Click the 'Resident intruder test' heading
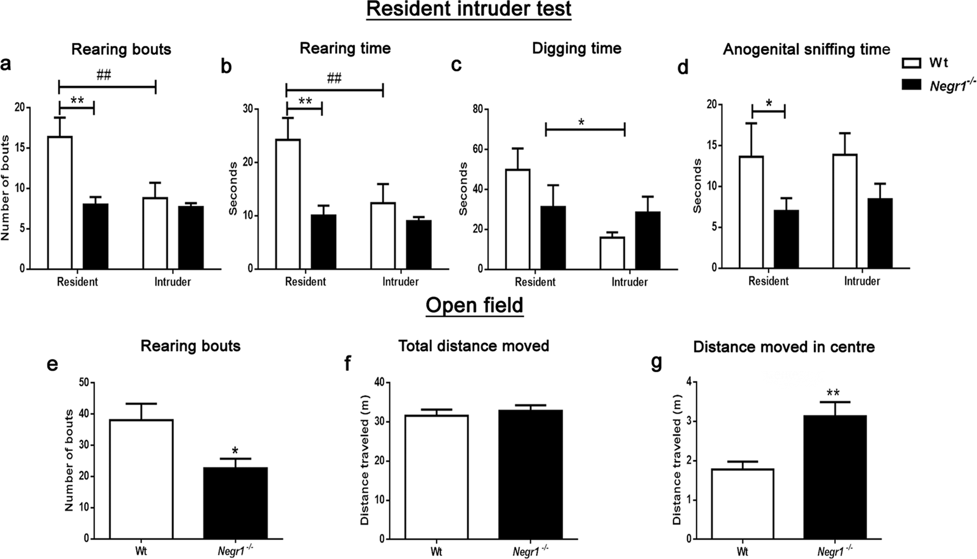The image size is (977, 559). tap(469, 9)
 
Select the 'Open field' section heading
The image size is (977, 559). tap(474, 305)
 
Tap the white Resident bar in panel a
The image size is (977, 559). tap(60, 203)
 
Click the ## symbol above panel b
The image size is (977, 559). tap(334, 78)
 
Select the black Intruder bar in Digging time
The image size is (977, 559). tap(648, 240)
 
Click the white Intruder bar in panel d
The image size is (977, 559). tap(845, 211)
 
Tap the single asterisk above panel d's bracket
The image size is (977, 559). tap(769, 103)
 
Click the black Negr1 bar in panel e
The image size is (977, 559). tap(235, 503)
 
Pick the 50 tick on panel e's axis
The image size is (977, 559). tap(83, 383)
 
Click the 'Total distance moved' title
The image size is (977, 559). tap(473, 345)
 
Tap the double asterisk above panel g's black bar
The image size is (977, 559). tap(832, 392)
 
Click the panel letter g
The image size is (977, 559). tap(656, 363)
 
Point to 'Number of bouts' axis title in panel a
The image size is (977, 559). tap(6, 188)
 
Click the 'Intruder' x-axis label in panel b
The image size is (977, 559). tap(400, 282)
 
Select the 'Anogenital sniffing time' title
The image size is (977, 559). tap(806, 49)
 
